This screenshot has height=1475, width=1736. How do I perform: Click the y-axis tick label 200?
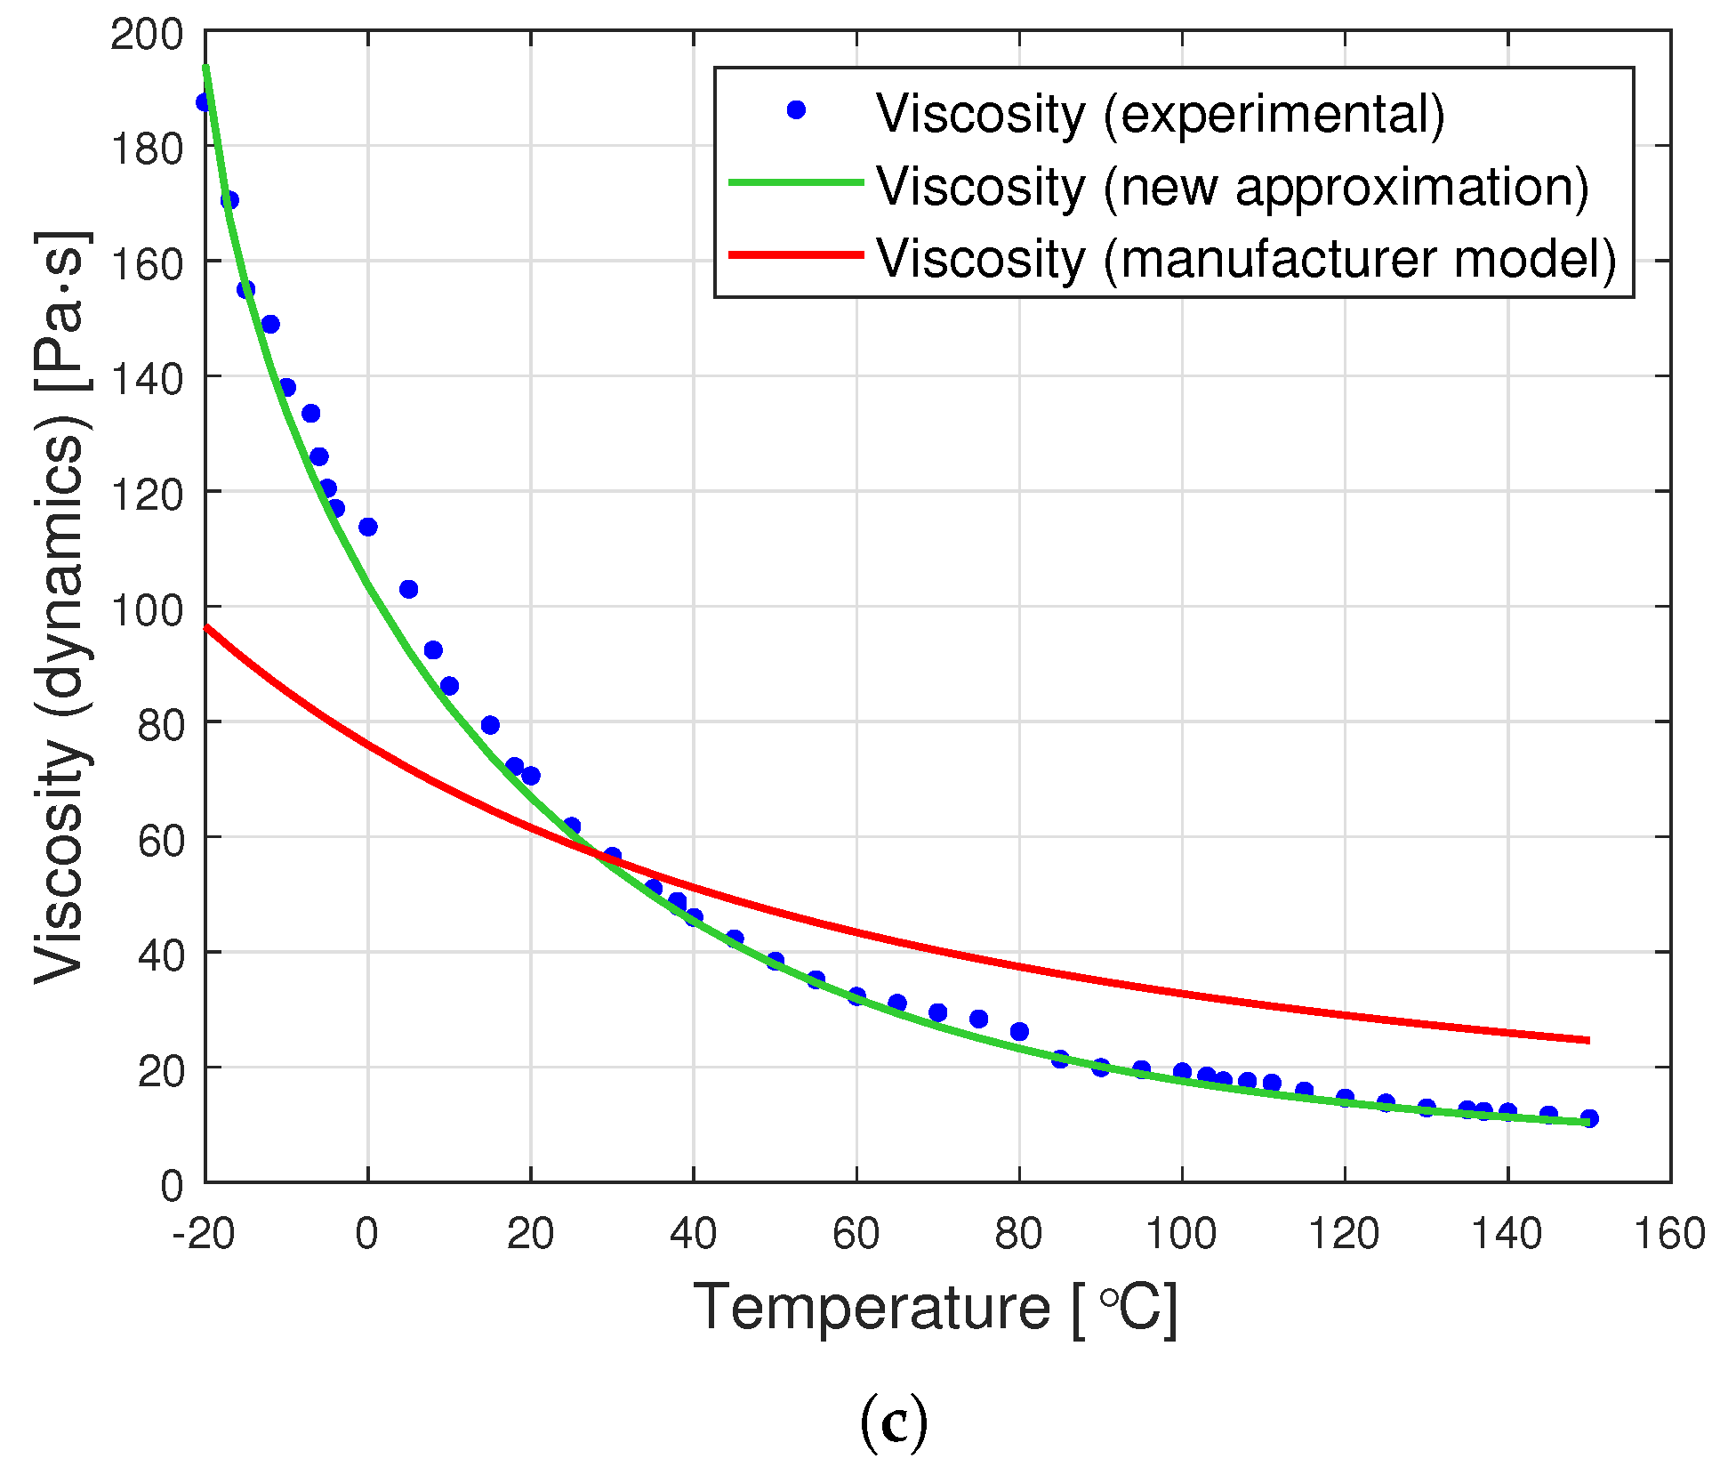147,36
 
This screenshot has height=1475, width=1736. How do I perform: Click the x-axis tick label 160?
1669,1235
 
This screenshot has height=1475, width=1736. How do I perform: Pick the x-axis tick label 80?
1018,1235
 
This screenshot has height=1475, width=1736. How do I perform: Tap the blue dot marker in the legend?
796,109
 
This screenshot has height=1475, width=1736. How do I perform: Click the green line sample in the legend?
796,182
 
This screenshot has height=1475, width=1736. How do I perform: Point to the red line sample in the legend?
796,255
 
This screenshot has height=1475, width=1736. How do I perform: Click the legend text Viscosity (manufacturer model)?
1246,258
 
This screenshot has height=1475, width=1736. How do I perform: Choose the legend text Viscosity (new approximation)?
1233,186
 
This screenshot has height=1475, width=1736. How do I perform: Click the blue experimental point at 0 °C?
368,527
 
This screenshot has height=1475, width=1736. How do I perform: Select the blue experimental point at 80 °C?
1019,1031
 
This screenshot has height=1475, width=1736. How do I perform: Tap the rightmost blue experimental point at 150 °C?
1589,1118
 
